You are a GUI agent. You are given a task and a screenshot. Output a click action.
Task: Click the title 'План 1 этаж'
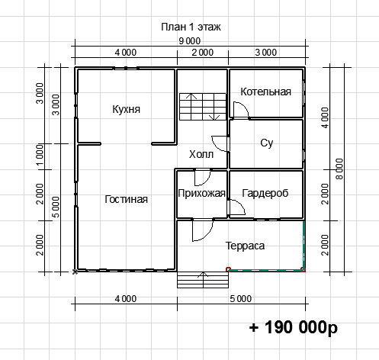tap(191, 27)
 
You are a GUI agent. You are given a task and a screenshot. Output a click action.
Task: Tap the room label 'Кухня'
tap(126, 109)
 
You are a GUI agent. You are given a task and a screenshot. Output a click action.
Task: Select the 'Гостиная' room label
tap(126, 199)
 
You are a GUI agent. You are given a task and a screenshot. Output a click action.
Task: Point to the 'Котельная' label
tap(265, 92)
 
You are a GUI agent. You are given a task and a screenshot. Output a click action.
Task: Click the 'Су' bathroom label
tap(267, 143)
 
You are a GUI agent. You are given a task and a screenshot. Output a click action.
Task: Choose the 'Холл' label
tap(201, 154)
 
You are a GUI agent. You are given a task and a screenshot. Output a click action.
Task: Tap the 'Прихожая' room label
tap(201, 194)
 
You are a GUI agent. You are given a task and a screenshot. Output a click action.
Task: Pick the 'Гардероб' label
tap(265, 193)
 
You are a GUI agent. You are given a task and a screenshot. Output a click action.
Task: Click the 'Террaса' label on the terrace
tap(245, 246)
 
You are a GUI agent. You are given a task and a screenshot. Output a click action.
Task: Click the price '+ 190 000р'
tap(294, 327)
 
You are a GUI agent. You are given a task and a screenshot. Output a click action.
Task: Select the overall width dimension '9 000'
tap(190, 41)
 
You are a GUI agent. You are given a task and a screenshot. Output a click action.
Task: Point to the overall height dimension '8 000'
tap(339, 169)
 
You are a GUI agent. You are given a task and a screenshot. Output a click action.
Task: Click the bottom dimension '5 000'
tap(241, 299)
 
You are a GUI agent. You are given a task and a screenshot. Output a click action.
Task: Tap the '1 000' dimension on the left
tap(40, 155)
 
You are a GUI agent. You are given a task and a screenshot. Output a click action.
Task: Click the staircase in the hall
tap(203, 107)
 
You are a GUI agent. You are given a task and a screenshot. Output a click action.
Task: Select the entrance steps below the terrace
tap(203, 280)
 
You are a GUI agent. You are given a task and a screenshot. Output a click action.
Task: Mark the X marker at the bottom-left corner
tap(75, 272)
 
